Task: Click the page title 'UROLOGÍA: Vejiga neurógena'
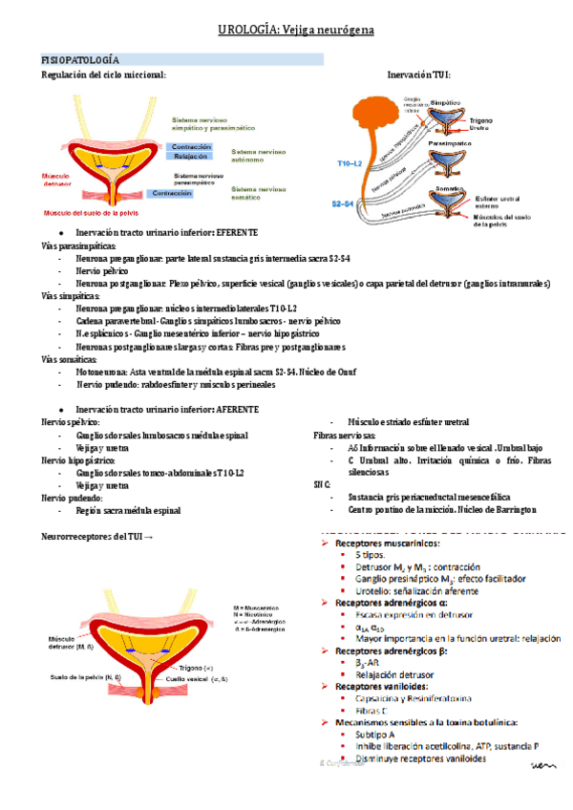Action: [295, 30]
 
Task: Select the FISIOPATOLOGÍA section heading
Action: [80, 59]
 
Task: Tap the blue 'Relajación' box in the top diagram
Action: [190, 157]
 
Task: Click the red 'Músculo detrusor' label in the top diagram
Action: [60, 179]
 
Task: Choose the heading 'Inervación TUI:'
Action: [418, 75]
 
